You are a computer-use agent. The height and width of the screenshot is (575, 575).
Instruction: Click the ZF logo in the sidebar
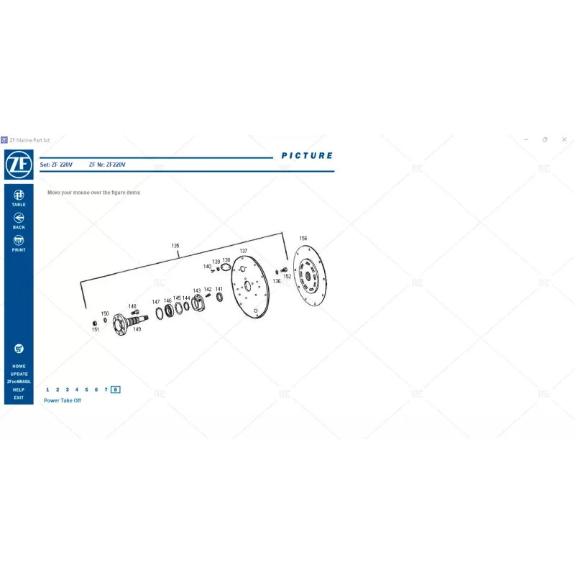[x=19, y=165]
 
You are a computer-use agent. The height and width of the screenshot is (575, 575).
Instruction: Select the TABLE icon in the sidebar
[x=19, y=195]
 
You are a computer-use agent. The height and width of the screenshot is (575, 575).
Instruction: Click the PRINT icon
[x=19, y=241]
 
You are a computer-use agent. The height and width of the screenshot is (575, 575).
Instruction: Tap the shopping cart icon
[x=19, y=349]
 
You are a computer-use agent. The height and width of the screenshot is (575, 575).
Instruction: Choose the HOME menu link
[x=19, y=366]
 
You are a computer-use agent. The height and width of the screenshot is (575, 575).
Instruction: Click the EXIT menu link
[x=19, y=397]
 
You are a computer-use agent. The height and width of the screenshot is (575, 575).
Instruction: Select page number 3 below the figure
[x=67, y=390]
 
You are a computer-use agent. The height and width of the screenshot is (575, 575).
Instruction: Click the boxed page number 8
[x=116, y=390]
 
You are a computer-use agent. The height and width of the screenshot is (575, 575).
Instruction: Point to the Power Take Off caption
[x=63, y=400]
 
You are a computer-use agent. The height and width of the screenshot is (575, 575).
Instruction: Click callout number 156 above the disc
[x=303, y=238]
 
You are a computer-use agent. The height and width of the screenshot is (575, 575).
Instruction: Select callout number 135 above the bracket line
[x=175, y=246]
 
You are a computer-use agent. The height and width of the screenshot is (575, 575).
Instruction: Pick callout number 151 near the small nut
[x=96, y=330]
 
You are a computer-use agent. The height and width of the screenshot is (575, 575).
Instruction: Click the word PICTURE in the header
[x=307, y=155]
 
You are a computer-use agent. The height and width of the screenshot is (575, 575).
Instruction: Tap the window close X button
[x=564, y=139]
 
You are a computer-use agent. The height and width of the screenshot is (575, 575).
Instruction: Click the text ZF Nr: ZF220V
[x=107, y=165]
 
